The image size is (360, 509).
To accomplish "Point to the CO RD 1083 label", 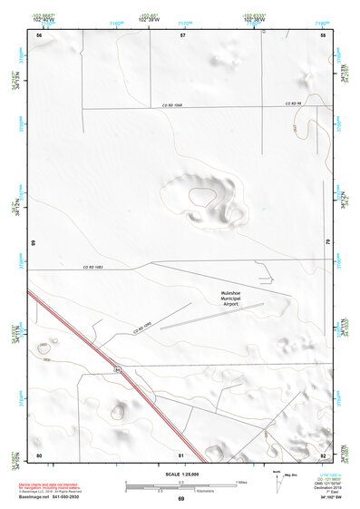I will [x=93, y=266].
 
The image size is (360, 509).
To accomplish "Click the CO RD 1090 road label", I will [x=142, y=325].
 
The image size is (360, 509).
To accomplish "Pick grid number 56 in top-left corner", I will [x=39, y=34].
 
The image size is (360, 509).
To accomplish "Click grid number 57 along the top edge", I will [x=182, y=34].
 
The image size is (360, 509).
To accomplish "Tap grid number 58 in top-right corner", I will [x=323, y=34].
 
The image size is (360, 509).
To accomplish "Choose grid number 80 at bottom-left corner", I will [x=39, y=454].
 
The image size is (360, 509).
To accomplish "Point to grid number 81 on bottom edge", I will [x=182, y=454].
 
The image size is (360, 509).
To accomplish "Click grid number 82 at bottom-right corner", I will [x=323, y=454].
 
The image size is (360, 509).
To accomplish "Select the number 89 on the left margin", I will [x=33, y=243].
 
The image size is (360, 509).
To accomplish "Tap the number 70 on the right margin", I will [x=328, y=240].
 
